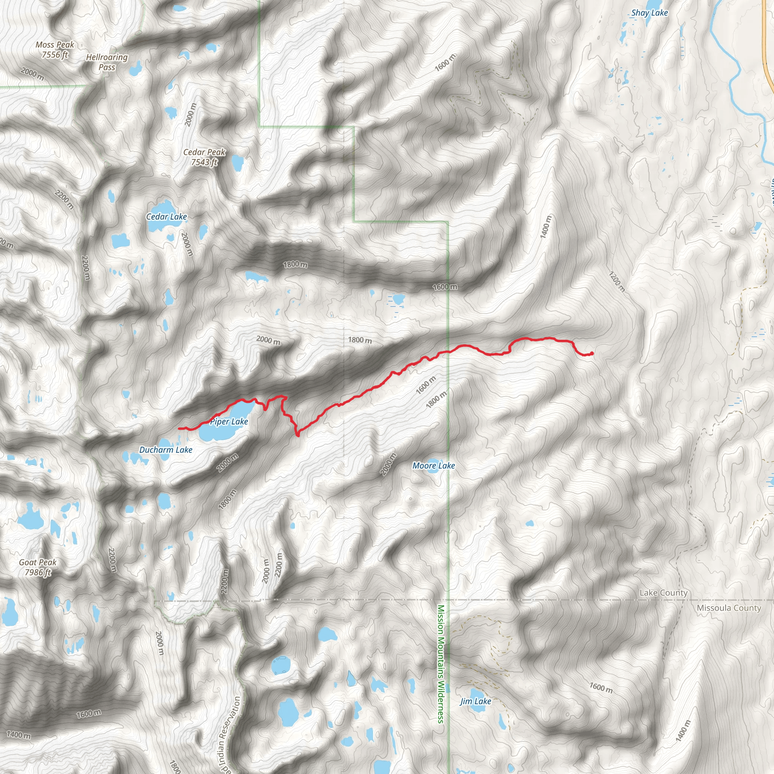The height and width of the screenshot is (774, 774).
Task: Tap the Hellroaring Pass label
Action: pos(107,62)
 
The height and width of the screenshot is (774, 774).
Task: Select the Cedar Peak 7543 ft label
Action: pos(204,157)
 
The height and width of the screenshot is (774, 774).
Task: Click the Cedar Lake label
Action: pos(166,217)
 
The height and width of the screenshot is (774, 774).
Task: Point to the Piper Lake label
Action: pos(229,421)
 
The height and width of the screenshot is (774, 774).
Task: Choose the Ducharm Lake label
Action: pos(166,450)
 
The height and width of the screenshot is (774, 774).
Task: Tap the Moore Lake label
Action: pos(433,466)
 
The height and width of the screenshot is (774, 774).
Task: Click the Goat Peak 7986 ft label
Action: pos(38,567)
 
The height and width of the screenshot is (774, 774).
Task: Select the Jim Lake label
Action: pos(475,701)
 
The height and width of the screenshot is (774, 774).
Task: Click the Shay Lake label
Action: pos(649,13)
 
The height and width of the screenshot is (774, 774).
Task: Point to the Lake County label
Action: pos(663,593)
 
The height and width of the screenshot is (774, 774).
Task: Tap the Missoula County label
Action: pos(729,608)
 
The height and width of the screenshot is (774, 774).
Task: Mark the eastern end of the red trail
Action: pos(592,353)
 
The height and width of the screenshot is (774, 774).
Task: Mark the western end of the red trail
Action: pos(179,428)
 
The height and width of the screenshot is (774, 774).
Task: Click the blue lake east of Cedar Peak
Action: pos(238,163)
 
